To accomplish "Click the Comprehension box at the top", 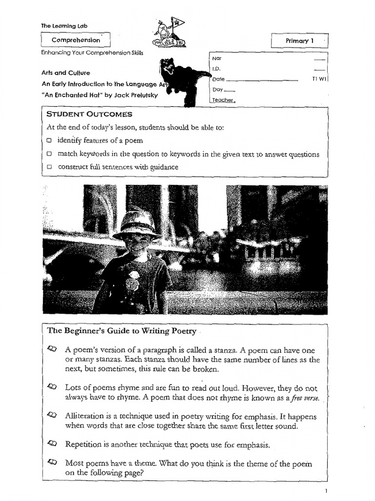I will tap(76, 40).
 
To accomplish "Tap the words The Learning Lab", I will tap(64, 25).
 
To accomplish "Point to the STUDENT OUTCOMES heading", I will tap(89, 114).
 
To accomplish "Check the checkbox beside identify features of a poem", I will tap(49, 141).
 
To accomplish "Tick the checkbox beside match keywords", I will tap(49, 154).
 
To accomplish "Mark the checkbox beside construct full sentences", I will tap(49, 167).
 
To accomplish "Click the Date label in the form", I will tap(219, 79).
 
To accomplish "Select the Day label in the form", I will tap(218, 90).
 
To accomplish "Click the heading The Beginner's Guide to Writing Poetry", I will tap(122, 331).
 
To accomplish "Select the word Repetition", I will tap(83, 445).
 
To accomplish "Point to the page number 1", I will tap(326, 490).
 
